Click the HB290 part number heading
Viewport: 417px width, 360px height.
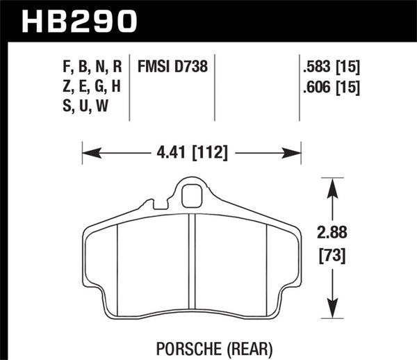tap(78, 21)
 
